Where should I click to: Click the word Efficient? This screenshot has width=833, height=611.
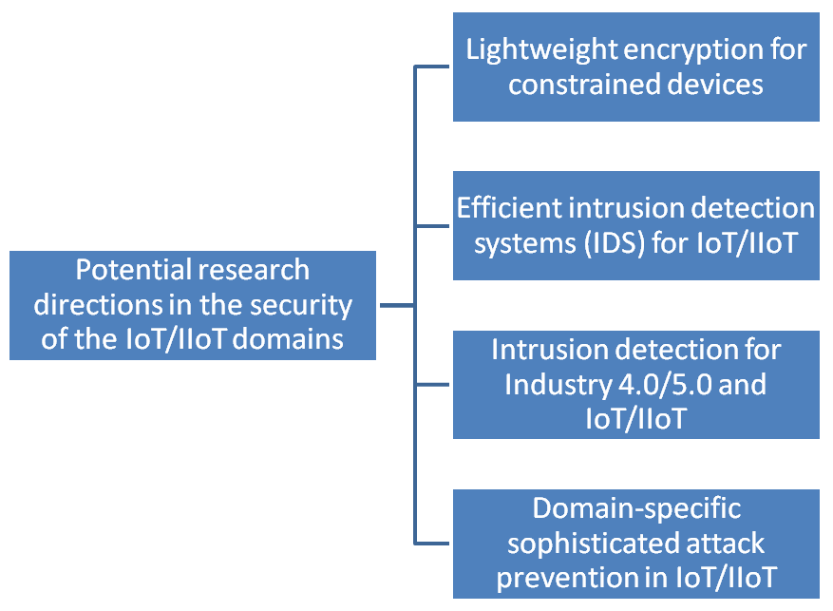tap(510, 207)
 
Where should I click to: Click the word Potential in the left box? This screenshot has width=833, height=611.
tap(127, 270)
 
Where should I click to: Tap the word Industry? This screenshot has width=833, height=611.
tap(552, 384)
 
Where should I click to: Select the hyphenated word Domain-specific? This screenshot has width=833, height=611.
tap(635, 508)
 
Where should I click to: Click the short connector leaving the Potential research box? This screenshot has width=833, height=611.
tap(396, 305)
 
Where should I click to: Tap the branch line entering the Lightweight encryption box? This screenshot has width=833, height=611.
tap(433, 67)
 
